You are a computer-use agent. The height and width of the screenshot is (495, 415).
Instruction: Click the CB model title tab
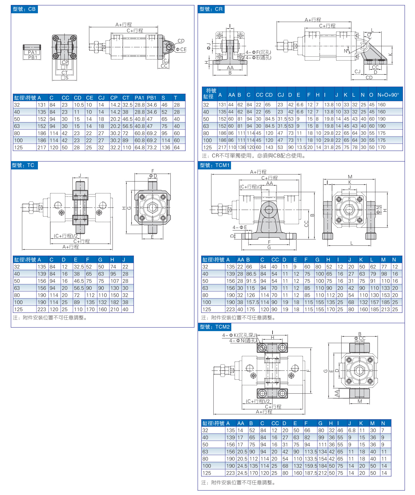[x=24, y=9]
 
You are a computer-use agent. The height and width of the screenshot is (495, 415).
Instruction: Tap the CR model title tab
[x=211, y=9]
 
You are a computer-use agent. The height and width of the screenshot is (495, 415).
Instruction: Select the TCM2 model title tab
[x=215, y=327]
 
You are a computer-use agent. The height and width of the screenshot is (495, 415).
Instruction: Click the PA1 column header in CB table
[x=139, y=98]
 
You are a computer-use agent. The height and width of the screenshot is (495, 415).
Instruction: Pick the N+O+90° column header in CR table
[x=388, y=95]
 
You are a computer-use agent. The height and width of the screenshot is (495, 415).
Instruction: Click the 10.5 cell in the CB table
[x=79, y=105]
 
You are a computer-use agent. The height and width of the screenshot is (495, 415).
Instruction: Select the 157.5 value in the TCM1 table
[x=253, y=302]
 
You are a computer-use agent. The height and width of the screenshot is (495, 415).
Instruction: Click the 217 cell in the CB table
[x=42, y=148]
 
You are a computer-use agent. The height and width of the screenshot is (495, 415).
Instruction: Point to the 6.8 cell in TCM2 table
[x=352, y=430]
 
